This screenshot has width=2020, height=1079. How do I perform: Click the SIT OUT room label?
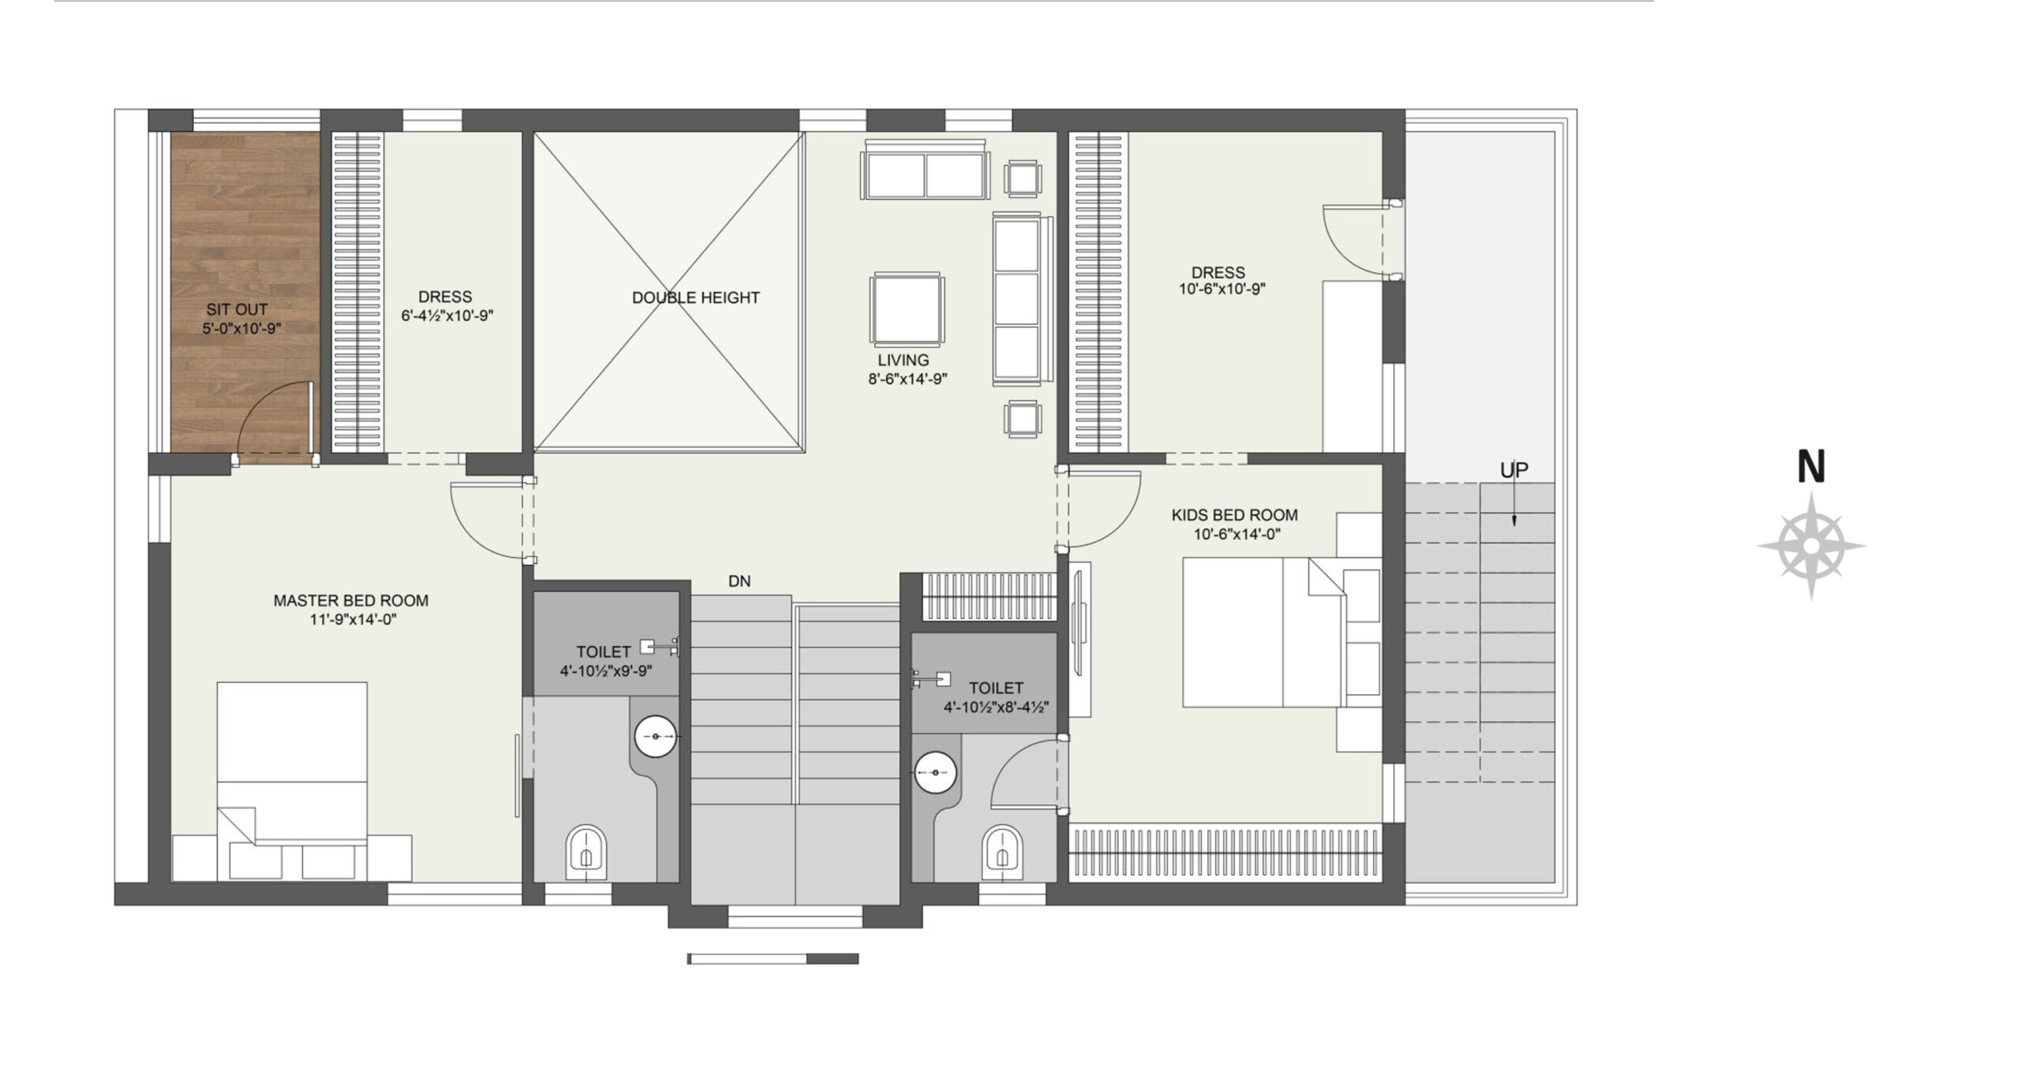(237, 310)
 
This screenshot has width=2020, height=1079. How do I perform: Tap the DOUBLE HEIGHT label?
(695, 297)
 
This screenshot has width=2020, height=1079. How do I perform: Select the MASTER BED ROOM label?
(351, 600)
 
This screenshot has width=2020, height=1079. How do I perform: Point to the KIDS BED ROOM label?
(1234, 515)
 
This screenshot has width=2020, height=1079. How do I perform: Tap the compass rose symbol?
(1811, 546)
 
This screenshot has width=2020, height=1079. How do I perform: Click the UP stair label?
(1513, 470)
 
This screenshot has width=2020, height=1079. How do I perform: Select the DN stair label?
(739, 581)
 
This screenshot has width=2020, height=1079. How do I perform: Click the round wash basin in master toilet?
(656, 736)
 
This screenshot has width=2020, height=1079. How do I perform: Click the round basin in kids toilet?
(935, 773)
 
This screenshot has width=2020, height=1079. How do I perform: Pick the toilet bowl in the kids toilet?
(1002, 853)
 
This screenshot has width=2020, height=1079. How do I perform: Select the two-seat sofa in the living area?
(925, 170)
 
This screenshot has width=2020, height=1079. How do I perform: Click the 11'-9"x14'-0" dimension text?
(353, 620)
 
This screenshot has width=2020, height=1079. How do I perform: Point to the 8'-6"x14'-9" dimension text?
(907, 379)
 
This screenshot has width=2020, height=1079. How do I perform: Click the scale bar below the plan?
(772, 959)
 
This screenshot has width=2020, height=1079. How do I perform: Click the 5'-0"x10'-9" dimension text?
(241, 329)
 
